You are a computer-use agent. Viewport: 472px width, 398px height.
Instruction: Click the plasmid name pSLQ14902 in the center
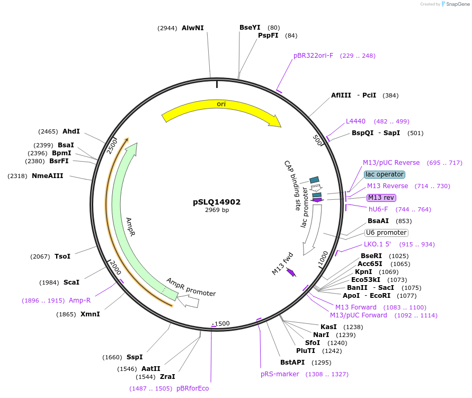pos(217,202)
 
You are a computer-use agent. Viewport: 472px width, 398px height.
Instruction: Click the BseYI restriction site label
pos(250,28)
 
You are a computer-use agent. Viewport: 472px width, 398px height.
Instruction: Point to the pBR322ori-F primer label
pos(314,56)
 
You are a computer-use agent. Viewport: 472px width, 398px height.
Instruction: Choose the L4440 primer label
pos(355,121)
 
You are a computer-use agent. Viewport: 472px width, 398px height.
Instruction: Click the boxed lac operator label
pos(385,174)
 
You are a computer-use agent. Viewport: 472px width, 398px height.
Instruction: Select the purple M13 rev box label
pos(381,198)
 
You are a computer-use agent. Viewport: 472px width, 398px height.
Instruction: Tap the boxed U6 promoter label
pos(386,233)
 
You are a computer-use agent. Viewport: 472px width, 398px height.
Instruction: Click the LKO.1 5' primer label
pos(377,244)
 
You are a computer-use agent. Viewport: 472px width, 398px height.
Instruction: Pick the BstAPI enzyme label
pos(292,362)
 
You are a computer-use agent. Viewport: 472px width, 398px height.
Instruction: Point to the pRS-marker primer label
pos(280,374)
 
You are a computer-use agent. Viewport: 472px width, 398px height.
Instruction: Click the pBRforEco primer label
pos(193,388)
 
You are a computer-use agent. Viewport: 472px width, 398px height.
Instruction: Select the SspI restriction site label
pos(135,357)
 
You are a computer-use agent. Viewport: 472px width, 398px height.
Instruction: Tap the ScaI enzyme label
pos(72,282)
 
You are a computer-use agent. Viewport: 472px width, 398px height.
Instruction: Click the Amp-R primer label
pos(79,300)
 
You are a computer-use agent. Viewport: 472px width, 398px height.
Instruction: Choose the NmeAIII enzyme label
pos(48,176)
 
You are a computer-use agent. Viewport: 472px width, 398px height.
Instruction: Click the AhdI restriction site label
pos(71,131)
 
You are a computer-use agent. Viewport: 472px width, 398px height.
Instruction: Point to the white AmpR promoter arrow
pos(189,302)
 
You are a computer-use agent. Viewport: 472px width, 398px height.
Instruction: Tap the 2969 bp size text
pos(217,210)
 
